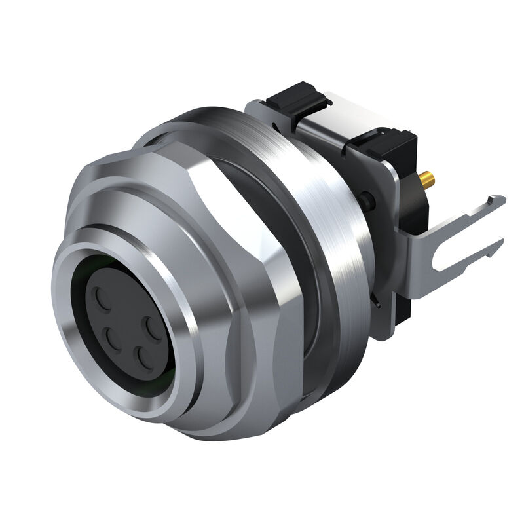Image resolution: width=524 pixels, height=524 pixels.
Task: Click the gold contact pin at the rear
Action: pos(428,178)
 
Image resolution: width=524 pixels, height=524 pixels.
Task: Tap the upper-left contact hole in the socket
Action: pos(103,300)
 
